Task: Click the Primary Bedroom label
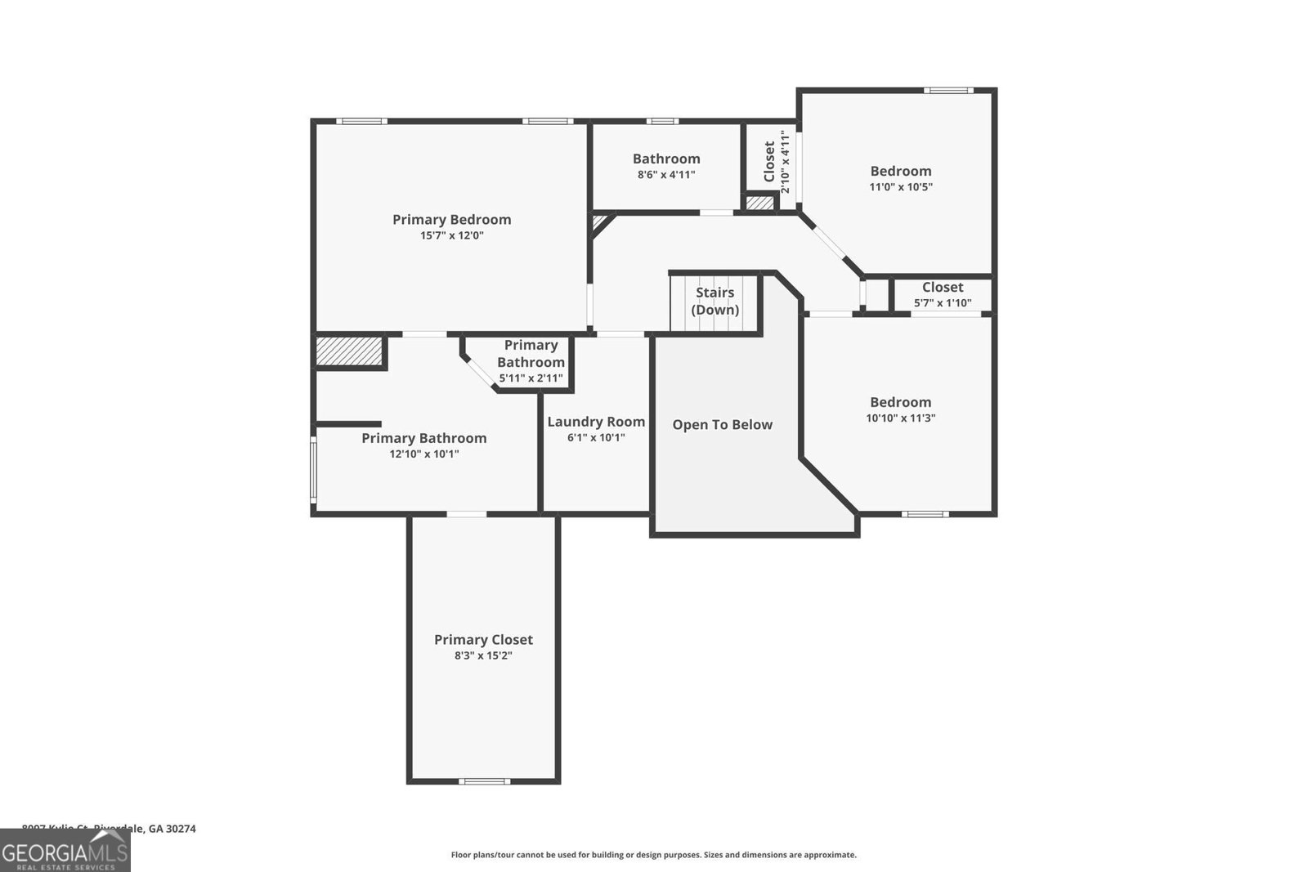tap(451, 219)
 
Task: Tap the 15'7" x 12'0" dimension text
tap(452, 235)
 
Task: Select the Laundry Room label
tap(596, 422)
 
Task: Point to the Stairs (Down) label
tap(714, 301)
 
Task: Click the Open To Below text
tap(722, 424)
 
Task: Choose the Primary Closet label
tap(483, 640)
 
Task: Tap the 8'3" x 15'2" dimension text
tap(483, 655)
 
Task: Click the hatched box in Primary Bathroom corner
tap(349, 351)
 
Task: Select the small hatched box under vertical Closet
tap(759, 203)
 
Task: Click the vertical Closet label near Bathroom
tap(769, 162)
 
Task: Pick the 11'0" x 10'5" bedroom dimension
tap(900, 187)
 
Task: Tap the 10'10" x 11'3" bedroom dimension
tap(900, 418)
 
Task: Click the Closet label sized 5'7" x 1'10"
tap(942, 287)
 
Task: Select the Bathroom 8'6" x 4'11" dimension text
tap(666, 174)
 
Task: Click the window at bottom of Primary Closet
tap(484, 781)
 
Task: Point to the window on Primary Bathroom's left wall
tap(313, 467)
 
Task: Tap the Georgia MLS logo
tap(65, 851)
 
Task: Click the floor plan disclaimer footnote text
tap(653, 855)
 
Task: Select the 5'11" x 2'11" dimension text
tap(531, 378)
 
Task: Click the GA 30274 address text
tap(172, 829)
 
